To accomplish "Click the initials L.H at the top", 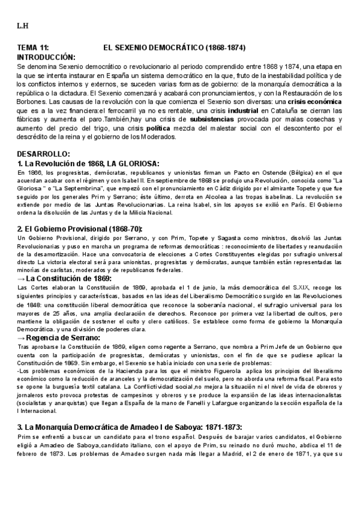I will tap(22, 26).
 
